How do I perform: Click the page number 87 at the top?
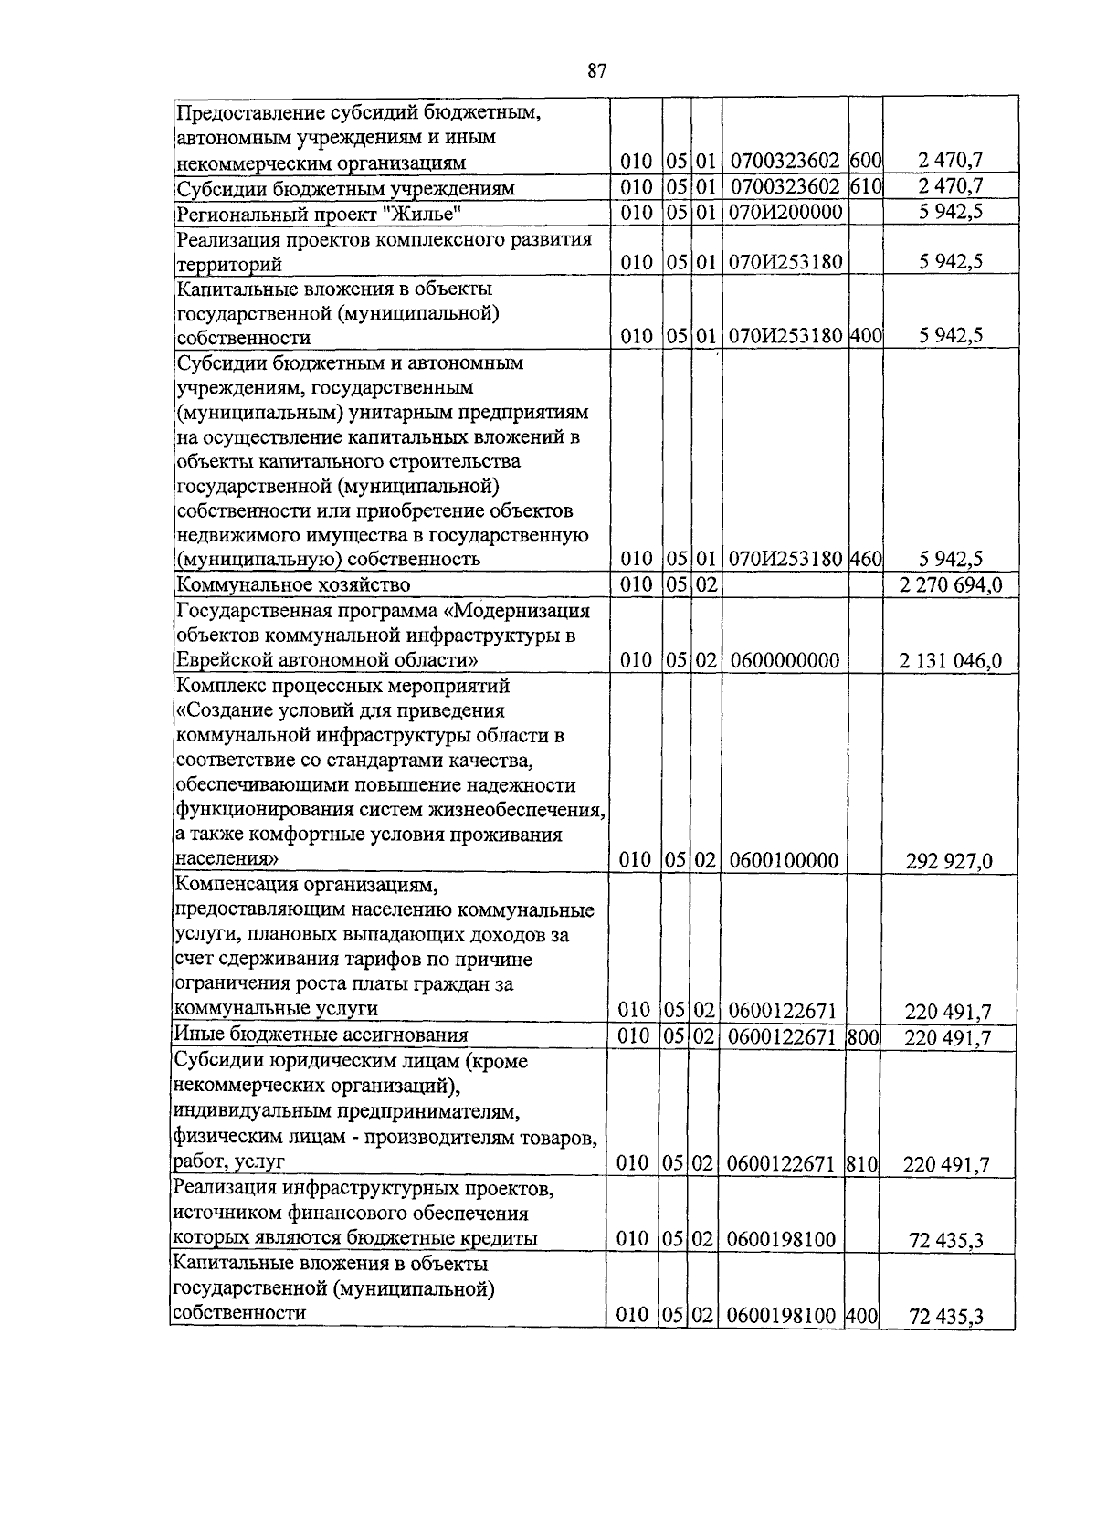coord(597,71)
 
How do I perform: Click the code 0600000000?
coord(785,660)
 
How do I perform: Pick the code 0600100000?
coord(785,860)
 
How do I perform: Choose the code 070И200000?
coord(785,214)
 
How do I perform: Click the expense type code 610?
coord(865,188)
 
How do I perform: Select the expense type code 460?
coord(865,559)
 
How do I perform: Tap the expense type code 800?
coord(862,1035)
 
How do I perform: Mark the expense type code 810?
coord(862,1163)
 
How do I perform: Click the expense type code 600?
coord(865,162)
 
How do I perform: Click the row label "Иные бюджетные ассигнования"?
coord(321,1035)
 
